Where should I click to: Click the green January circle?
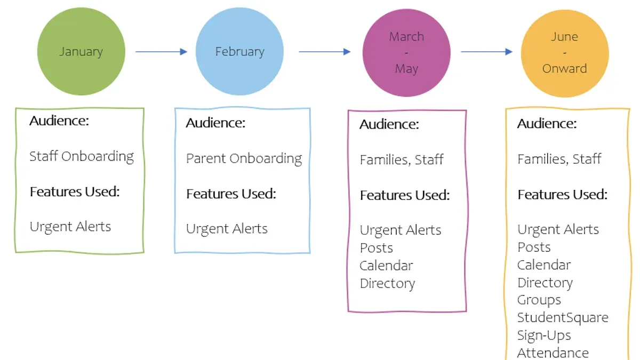pos(81,51)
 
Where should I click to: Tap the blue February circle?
pos(239,51)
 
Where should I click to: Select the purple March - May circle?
pos(406,53)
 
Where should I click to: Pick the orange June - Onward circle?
pos(565,53)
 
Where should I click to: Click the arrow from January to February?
pos(161,52)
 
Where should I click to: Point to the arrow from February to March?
pos(325,52)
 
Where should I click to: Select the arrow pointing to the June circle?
pos(486,52)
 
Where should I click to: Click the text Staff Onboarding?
pos(82,157)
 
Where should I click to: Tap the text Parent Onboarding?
pos(244,158)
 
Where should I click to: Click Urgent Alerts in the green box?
pos(70,227)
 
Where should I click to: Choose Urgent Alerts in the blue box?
pos(227,229)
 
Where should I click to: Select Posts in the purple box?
pos(377,248)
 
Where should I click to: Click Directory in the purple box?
pos(387,284)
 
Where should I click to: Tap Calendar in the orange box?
pos(544,265)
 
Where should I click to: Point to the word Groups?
pos(539,300)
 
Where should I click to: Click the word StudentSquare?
pos(563,318)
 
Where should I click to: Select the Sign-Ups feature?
pos(544,335)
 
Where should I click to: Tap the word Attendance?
pos(553,353)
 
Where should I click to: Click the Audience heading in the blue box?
pos(215,123)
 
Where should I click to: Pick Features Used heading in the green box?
pos(75,191)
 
